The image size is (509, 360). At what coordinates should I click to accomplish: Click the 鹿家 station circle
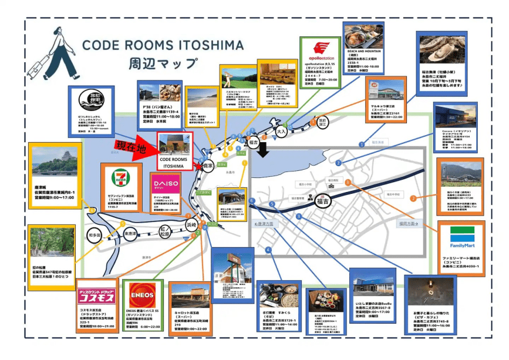[x=207, y=166]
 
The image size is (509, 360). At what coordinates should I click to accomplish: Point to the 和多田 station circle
[x=95, y=234]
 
